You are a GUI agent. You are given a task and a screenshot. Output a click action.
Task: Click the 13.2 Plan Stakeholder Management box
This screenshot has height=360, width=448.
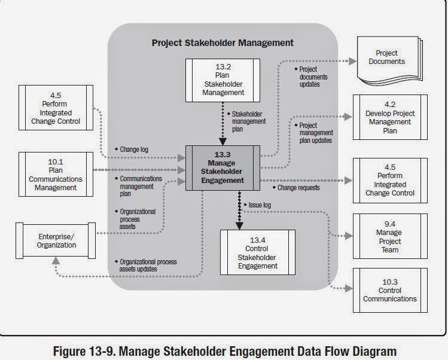point(223,80)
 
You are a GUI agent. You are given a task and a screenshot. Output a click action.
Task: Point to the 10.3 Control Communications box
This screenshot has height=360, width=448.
point(390,290)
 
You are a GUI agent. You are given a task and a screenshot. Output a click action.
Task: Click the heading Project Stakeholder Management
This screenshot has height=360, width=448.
point(223,42)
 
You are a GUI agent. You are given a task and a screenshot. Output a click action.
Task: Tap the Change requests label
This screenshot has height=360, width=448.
point(298,188)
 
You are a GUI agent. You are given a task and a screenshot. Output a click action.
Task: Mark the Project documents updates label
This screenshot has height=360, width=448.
point(313,77)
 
